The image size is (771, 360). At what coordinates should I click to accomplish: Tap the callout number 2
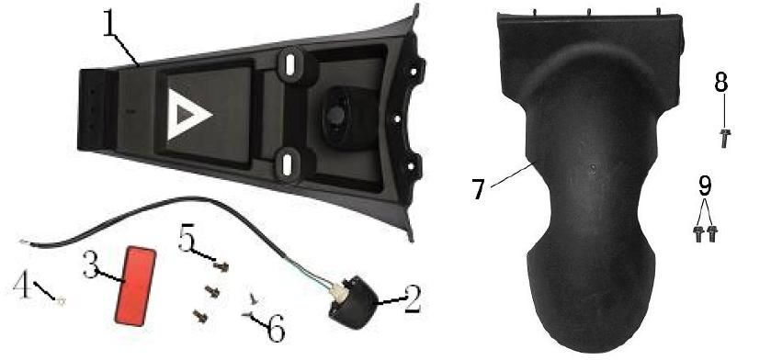pos(412,299)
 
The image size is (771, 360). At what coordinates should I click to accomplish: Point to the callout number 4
pos(21,285)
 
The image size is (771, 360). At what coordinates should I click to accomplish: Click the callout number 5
pos(186,238)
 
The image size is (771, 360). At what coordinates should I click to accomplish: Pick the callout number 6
pos(276,329)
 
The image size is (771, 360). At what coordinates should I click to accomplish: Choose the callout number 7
pos(479,189)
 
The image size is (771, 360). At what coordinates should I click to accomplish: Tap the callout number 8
pos(720,83)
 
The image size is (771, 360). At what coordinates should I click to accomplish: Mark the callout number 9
pos(705,186)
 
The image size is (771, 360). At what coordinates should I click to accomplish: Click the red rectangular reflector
pos(136,287)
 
